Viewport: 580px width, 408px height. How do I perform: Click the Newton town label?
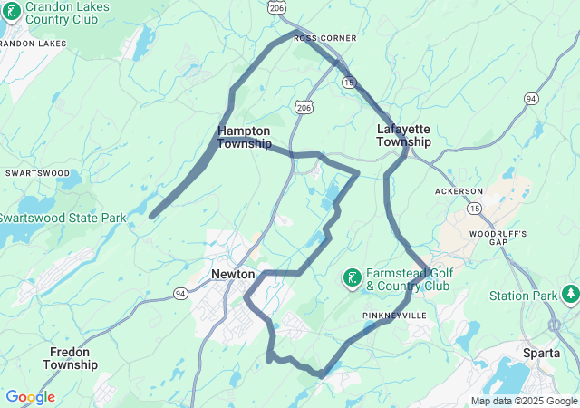(234, 273)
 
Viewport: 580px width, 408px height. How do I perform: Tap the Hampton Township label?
(244, 137)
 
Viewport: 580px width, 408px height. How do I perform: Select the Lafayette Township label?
(403, 135)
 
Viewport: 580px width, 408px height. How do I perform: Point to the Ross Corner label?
(325, 38)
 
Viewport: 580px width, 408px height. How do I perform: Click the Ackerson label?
(459, 192)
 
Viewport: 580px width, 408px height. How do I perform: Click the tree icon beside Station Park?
(571, 295)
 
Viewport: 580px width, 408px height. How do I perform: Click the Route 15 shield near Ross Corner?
(349, 82)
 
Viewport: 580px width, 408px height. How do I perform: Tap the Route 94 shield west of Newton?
(180, 293)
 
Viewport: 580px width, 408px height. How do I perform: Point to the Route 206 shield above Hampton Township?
(303, 106)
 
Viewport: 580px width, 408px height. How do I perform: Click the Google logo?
(30, 397)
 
